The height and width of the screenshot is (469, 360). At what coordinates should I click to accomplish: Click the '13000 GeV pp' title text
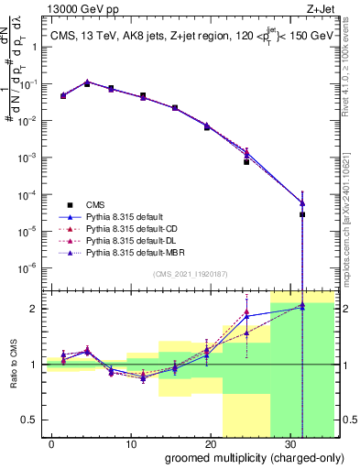click(x=82, y=12)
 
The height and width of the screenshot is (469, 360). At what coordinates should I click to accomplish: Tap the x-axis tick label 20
click(x=210, y=442)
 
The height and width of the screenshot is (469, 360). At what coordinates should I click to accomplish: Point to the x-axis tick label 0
click(x=51, y=442)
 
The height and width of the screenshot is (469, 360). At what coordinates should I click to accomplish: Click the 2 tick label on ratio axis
click(x=35, y=309)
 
